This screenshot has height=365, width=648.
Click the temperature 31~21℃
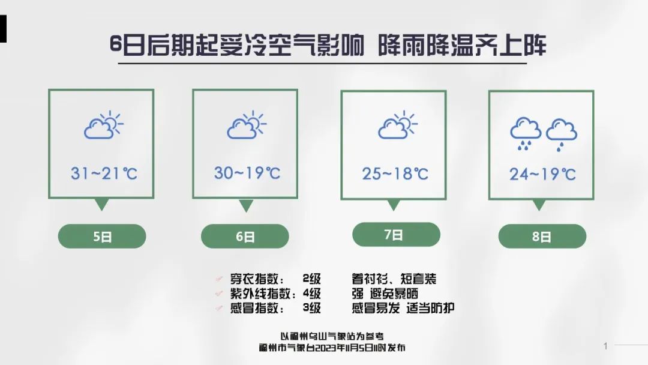(x=104, y=173)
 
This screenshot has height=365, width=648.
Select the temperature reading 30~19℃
(x=247, y=173)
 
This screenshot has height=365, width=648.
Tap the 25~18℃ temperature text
(x=395, y=173)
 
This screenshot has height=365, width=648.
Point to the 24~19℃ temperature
(x=542, y=174)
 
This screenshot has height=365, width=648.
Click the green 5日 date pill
(x=101, y=237)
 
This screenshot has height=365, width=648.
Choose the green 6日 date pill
(x=245, y=237)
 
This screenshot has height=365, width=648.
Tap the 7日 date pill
(x=396, y=234)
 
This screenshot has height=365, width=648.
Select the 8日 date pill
(x=542, y=237)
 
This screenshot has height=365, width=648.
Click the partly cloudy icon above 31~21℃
(x=103, y=124)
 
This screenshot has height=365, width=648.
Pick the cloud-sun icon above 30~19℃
(x=247, y=124)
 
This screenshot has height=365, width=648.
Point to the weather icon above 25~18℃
(x=398, y=124)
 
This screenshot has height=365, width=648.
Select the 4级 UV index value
(x=311, y=294)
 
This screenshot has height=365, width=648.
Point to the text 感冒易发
(x=376, y=308)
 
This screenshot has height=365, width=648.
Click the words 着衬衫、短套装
(x=394, y=279)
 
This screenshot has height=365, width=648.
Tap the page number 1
(x=605, y=346)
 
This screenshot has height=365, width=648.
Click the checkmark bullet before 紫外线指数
(x=219, y=294)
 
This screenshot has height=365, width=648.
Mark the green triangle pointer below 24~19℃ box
(x=539, y=204)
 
